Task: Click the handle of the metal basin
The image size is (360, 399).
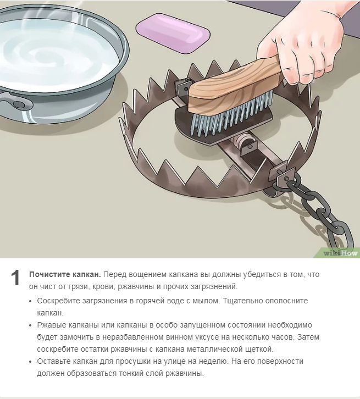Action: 15,101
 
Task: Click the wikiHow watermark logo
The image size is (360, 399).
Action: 340,253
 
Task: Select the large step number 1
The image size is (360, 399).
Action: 15,278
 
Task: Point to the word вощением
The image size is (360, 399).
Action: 144,275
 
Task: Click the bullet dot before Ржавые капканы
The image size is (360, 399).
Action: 31,325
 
